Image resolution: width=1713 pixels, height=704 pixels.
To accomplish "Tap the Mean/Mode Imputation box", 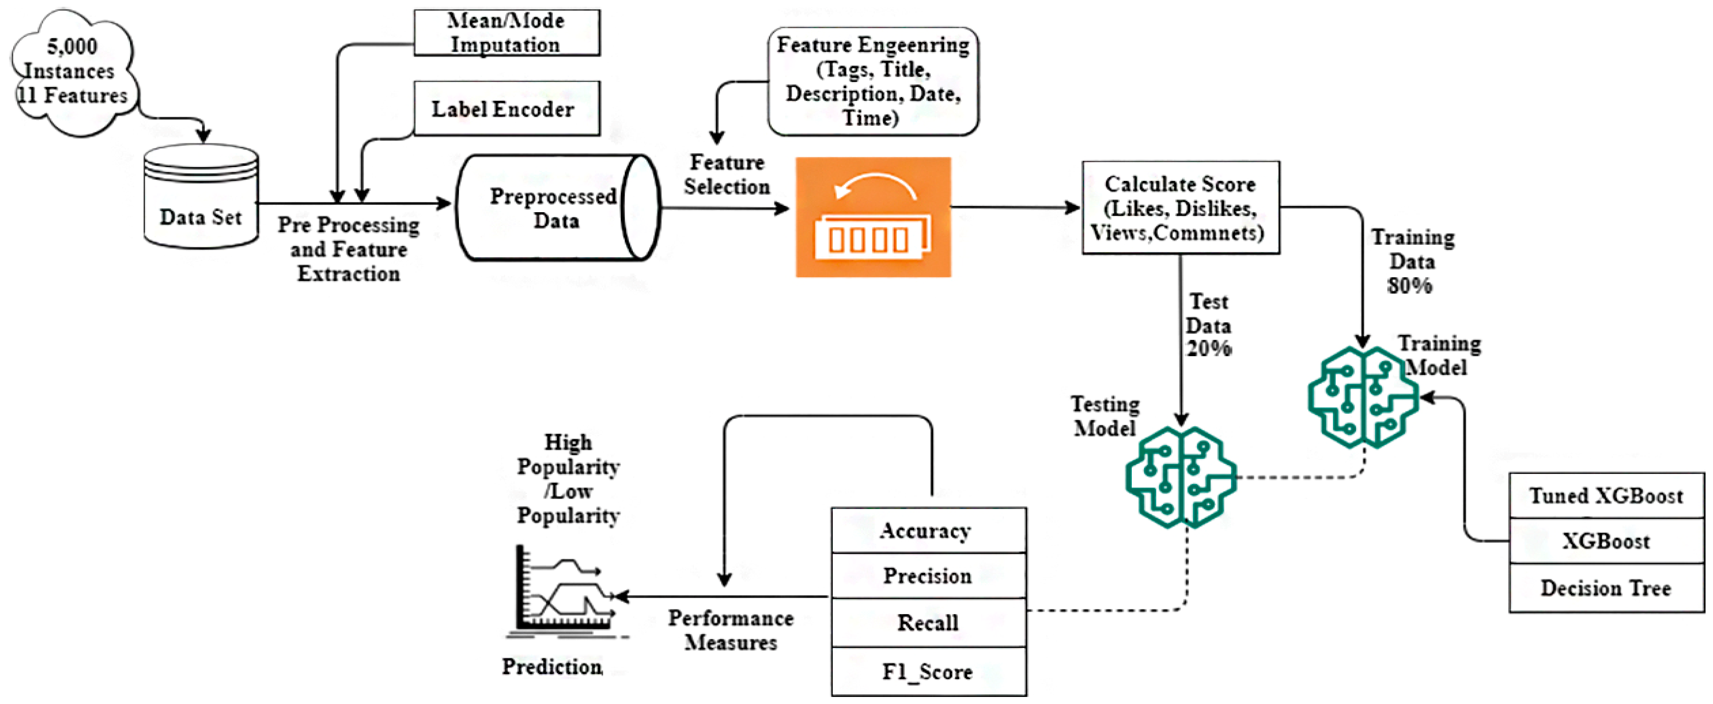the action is pos(507,33).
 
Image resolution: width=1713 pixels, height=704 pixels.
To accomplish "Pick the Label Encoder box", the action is pos(507,109).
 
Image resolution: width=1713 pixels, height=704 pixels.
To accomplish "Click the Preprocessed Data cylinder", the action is pos(557,207).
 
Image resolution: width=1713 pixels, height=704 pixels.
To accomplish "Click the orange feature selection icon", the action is pos(873,217).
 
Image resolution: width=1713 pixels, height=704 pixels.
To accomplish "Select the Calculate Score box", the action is pos(1180,207).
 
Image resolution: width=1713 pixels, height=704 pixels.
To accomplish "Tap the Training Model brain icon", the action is pos(1363,397).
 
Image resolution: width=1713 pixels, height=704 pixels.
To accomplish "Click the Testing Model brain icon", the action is pos(1181,477).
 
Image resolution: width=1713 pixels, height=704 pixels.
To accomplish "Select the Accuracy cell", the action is pos(928,530).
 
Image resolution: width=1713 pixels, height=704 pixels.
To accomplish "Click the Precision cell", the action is pos(928,576).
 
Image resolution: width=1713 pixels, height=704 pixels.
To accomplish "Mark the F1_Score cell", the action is pos(928,671).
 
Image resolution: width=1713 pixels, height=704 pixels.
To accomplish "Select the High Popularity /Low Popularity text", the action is pos(569,478).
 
